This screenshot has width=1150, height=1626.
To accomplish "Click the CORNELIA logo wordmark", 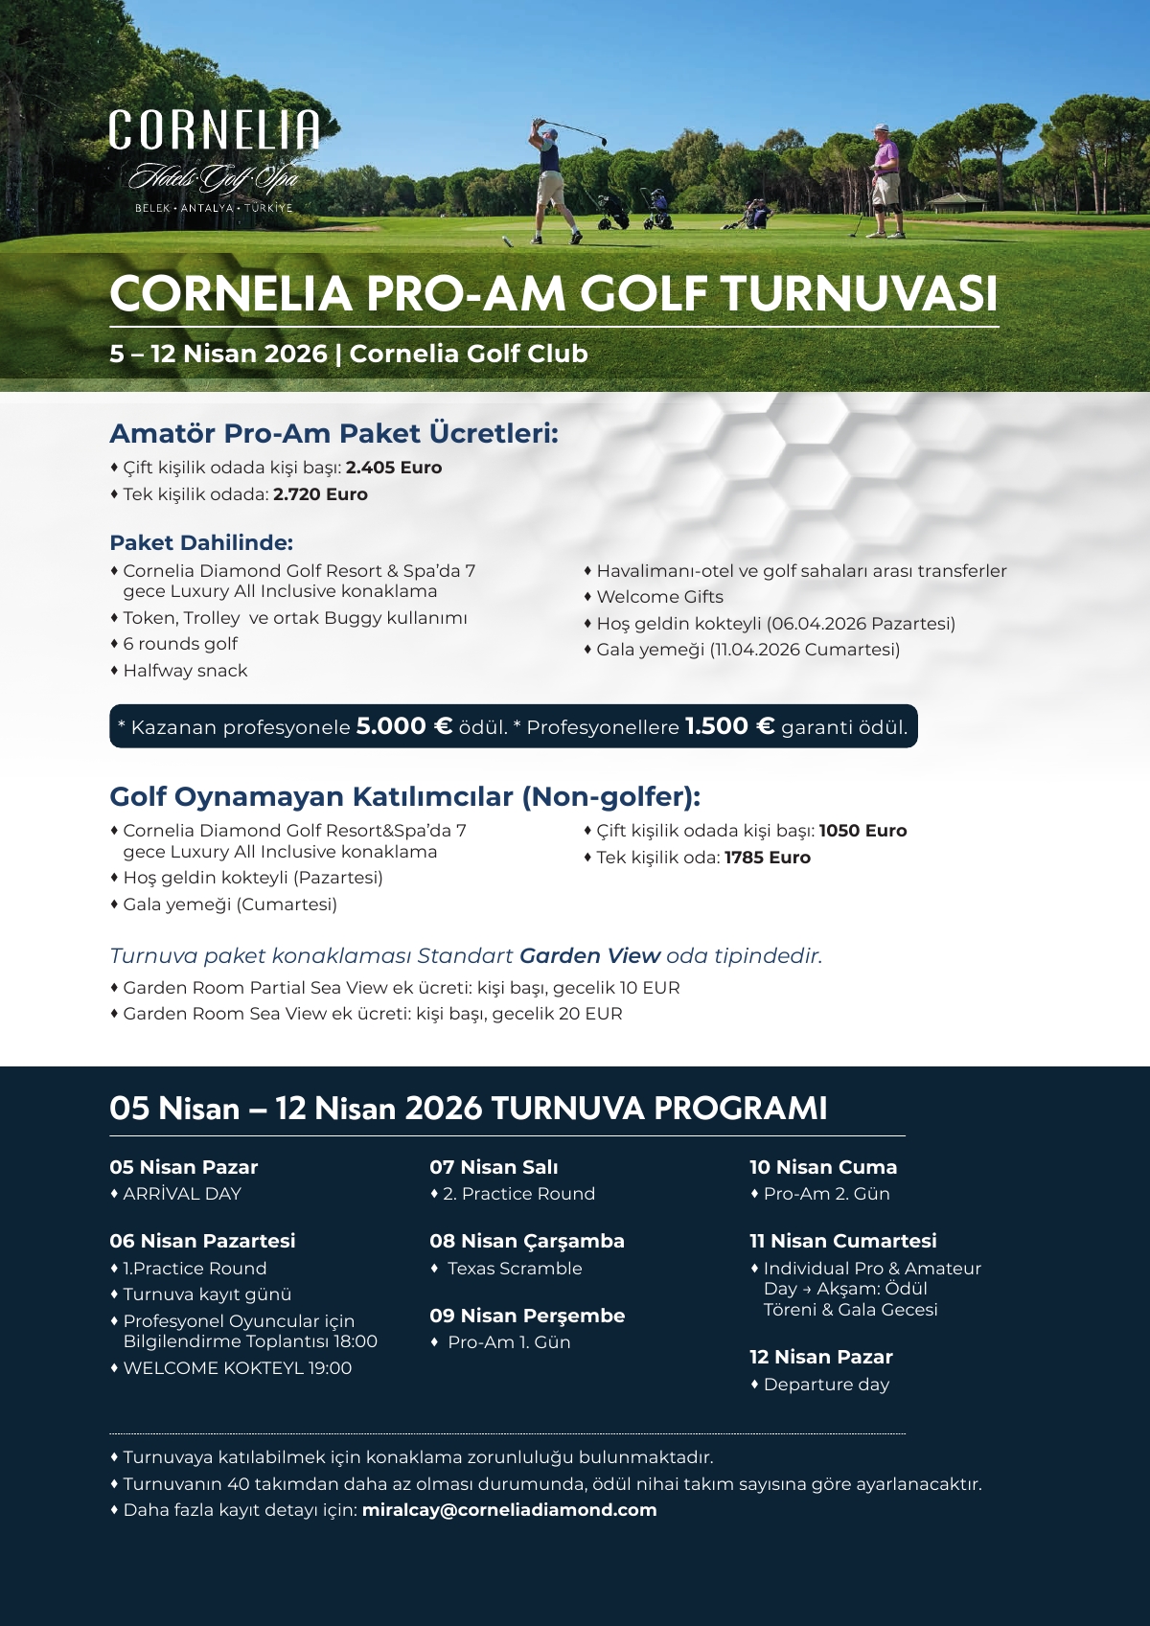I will click(x=214, y=130).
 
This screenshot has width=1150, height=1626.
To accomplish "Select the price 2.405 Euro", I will click(x=394, y=468).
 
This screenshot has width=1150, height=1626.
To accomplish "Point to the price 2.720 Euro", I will click(x=320, y=494).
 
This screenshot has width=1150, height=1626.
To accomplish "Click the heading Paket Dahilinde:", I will click(x=201, y=542).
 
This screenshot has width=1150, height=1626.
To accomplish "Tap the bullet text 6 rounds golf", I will click(x=180, y=644).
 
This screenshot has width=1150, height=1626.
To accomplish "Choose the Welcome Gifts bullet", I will click(x=659, y=597).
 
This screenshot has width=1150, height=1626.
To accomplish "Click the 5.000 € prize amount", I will click(x=403, y=726).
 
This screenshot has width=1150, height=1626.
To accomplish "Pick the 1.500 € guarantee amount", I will click(x=729, y=726).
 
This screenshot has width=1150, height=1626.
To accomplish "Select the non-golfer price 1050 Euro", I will click(x=862, y=831).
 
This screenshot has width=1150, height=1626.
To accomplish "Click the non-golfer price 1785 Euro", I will click(x=767, y=858).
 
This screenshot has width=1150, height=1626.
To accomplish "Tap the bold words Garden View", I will click(x=589, y=955).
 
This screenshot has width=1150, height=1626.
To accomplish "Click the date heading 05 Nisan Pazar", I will click(x=184, y=1167).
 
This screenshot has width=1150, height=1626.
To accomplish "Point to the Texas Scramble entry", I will click(x=515, y=1269).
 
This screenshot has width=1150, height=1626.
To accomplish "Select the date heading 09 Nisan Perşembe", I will click(x=527, y=1316).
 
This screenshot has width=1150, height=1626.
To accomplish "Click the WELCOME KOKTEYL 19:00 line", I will click(x=237, y=1368).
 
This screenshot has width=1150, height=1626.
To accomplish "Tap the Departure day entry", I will click(x=826, y=1385).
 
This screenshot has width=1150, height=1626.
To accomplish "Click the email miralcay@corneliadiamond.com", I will click(x=509, y=1510).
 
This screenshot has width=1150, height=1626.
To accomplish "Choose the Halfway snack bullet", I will click(x=185, y=671).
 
